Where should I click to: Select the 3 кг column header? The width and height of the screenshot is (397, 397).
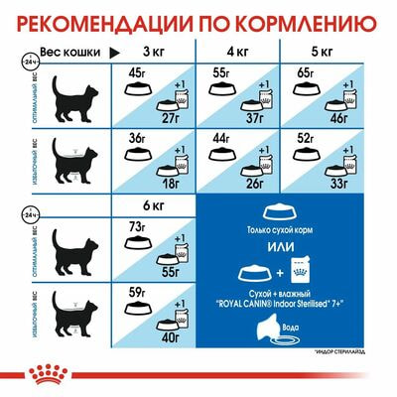[x=154, y=50]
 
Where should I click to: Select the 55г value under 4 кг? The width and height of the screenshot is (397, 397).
[x=221, y=72]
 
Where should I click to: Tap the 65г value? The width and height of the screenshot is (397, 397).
[x=310, y=72]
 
